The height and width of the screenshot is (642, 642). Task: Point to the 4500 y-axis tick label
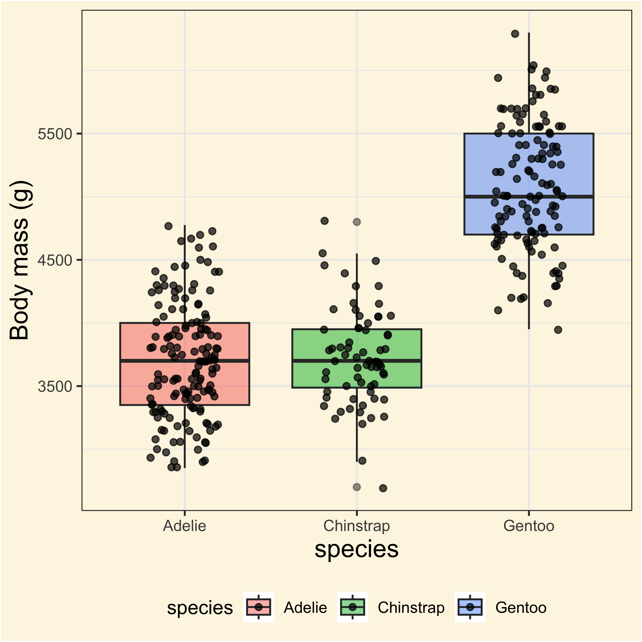point(55,260)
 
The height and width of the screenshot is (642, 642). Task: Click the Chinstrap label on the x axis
point(357,526)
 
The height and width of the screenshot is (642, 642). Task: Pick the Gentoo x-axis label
point(529,526)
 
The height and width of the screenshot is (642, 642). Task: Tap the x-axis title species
point(357,549)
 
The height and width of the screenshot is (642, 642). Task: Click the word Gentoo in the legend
point(521,608)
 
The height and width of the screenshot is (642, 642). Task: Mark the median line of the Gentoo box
point(565,197)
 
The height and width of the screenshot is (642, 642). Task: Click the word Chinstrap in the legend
point(411,608)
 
